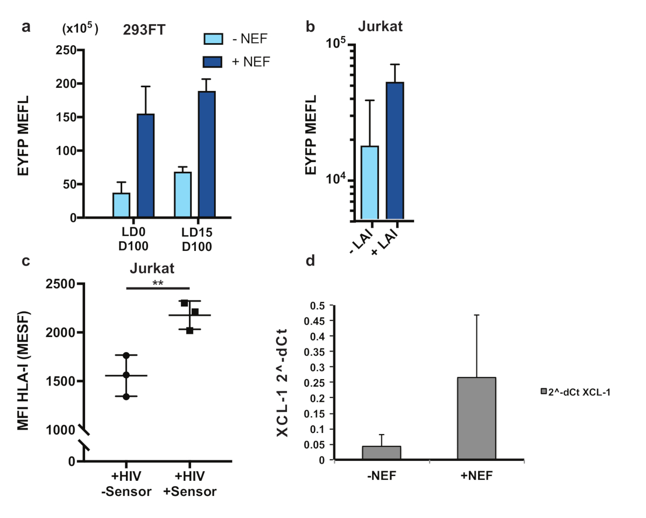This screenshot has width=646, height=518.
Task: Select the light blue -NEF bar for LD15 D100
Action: tap(182, 195)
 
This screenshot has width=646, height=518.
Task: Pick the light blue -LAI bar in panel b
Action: tap(370, 183)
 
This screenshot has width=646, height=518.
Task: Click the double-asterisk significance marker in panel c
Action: tap(158, 282)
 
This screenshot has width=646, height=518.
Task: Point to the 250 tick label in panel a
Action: tap(66, 50)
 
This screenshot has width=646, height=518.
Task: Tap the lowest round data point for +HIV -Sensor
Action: tap(126, 397)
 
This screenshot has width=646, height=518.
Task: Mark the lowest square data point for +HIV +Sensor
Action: tap(189, 330)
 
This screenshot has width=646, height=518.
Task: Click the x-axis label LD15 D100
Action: tap(197, 241)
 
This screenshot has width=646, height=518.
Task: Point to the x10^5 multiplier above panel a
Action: tap(79, 30)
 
